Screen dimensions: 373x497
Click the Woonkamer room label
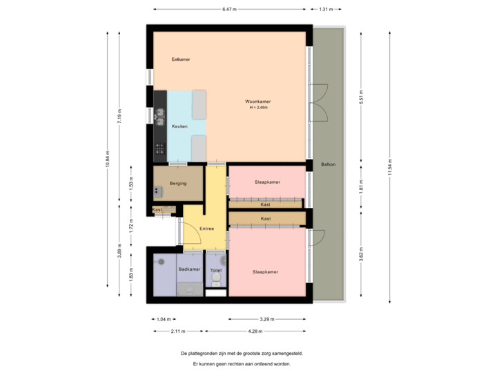coord(258,102)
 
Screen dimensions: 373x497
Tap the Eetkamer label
coord(181,59)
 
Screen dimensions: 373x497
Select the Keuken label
coord(179,126)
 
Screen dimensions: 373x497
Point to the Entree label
coord(206,229)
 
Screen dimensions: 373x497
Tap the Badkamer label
coord(189,269)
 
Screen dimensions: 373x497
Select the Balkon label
coord(329,164)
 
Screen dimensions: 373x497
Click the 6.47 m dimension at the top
coord(229,10)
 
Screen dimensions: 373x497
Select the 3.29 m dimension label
coord(266,319)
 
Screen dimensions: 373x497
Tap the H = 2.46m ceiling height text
coord(258,108)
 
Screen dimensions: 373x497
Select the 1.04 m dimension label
coord(163,319)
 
